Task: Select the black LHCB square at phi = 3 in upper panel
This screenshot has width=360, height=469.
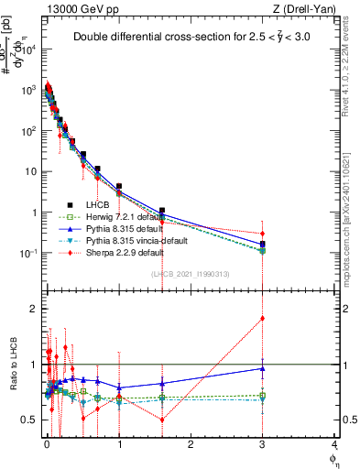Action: coord(263,245)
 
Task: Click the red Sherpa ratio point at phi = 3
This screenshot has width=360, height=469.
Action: coord(263,319)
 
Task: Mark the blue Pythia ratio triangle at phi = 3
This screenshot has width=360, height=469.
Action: coord(263,368)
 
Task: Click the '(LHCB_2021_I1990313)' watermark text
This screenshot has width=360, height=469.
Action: coord(190,274)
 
